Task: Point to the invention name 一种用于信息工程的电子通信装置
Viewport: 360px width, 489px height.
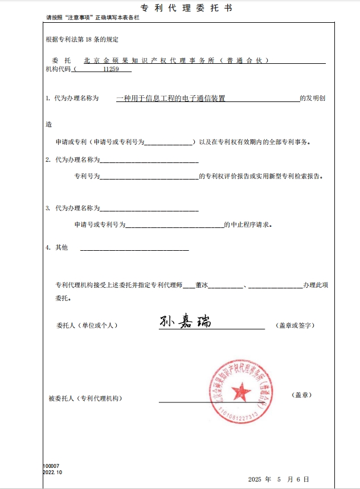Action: (x=171, y=99)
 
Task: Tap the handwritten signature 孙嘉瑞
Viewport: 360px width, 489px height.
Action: (x=185, y=321)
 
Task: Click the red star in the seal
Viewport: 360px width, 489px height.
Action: (x=241, y=391)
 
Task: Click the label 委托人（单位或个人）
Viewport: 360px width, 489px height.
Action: (x=87, y=325)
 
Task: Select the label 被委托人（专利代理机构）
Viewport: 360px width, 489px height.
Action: (x=85, y=398)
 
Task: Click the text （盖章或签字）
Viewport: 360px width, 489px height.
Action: (x=294, y=325)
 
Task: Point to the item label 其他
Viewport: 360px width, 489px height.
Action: (x=61, y=247)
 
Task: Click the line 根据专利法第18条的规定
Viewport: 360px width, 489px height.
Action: (x=82, y=39)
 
